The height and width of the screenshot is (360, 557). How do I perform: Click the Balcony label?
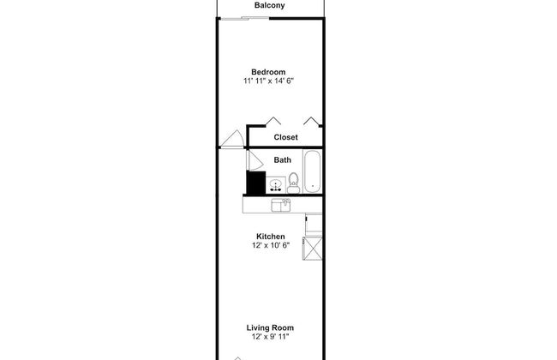270,5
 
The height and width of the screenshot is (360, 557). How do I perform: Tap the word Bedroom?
268,72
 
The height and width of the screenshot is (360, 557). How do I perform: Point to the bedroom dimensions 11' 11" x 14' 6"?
268,81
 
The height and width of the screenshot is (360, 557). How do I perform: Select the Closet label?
285,137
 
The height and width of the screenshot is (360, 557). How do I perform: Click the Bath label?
283,160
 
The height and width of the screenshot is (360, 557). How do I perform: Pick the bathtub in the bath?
313,171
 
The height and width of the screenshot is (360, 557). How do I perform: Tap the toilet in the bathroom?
293,183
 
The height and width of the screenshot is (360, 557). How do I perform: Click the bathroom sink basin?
276,184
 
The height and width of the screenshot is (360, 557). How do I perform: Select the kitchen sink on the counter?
280,205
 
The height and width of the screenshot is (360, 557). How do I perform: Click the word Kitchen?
271,237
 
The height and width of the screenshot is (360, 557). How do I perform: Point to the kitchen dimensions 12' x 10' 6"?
271,245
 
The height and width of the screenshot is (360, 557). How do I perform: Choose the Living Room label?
270,327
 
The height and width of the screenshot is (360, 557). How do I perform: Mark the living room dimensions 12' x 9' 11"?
270,337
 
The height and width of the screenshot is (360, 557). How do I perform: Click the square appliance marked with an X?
313,248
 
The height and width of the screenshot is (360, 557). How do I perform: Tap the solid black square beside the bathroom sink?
255,183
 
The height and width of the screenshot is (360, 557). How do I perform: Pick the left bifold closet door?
273,121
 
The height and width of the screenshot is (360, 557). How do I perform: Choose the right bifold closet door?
312,121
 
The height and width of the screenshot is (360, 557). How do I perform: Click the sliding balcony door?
244,18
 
